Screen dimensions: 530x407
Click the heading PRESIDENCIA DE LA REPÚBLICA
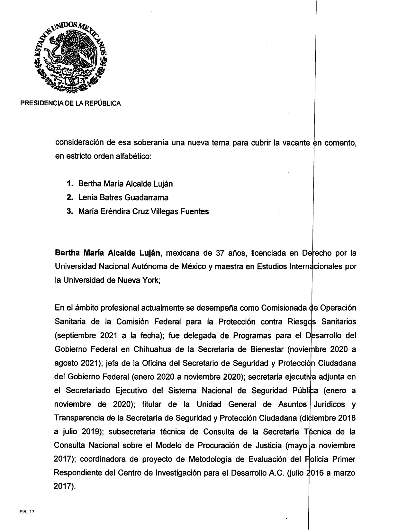(71, 103)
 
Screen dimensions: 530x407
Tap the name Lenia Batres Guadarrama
(123, 198)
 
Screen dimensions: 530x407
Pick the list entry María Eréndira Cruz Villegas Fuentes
(143, 211)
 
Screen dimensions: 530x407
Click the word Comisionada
(283, 308)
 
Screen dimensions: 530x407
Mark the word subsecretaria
(132, 432)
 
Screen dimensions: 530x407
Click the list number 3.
(69, 211)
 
